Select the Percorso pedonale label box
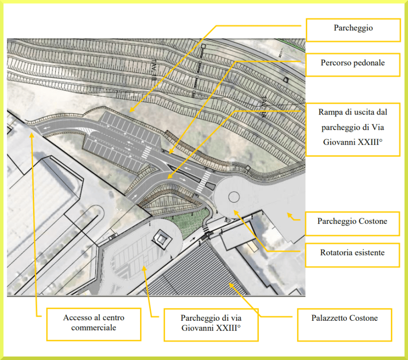pyautogui.click(x=353, y=63)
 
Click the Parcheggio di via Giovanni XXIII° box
pyautogui.click(x=211, y=324)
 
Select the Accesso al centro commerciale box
pyautogui.click(x=93, y=323)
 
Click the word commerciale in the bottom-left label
pyautogui.click(x=94, y=328)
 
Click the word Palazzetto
pyautogui.click(x=328, y=318)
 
